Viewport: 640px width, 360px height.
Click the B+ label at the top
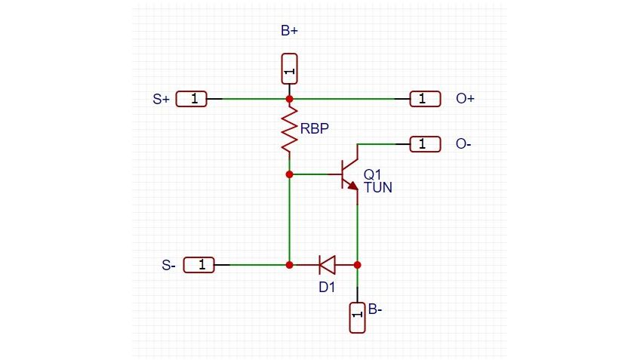pyautogui.click(x=289, y=32)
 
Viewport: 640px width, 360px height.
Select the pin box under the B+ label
pyautogui.click(x=289, y=69)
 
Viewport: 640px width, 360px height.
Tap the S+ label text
pyautogui.click(x=161, y=99)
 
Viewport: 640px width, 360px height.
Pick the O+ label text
pyautogui.click(x=466, y=99)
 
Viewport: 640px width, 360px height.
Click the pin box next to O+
pyautogui.click(x=425, y=99)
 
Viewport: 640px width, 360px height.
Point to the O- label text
pyautogui.click(x=464, y=143)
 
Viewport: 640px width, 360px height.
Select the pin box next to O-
pyautogui.click(x=425, y=143)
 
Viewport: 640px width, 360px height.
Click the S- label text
pyautogui.click(x=169, y=265)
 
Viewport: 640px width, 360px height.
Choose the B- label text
pyautogui.click(x=374, y=309)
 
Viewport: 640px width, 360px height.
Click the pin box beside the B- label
pyautogui.click(x=358, y=317)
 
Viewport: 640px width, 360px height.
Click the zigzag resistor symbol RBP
pyautogui.click(x=289, y=130)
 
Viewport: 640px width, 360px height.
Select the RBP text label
pyautogui.click(x=315, y=129)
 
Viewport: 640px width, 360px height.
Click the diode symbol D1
pyautogui.click(x=327, y=265)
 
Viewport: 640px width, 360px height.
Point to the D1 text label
pyautogui.click(x=326, y=287)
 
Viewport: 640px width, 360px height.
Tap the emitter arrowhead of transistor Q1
pyautogui.click(x=352, y=186)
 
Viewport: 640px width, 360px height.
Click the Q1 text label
pyautogui.click(x=373, y=174)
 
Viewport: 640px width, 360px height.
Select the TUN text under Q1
pyautogui.click(x=378, y=188)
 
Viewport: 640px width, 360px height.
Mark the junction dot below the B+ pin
pyautogui.click(x=289, y=99)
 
